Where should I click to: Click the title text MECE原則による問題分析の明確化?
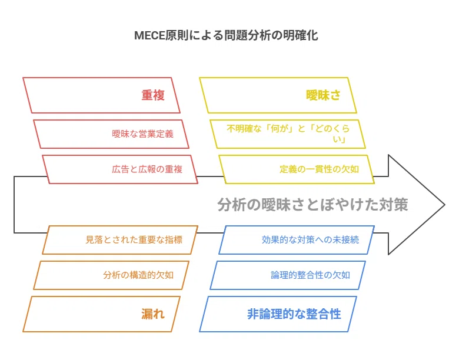[x=226, y=35]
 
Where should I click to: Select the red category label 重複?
[x=153, y=95]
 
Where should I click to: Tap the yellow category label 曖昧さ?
[x=323, y=95]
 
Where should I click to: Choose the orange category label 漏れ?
[x=153, y=314]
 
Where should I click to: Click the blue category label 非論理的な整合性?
[x=294, y=314]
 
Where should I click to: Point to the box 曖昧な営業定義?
[x=111, y=134]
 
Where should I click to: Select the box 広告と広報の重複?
[x=120, y=169]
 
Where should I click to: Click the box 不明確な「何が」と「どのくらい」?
[x=288, y=134]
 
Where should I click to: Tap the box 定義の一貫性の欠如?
[x=297, y=169]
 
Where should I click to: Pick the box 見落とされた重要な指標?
[x=120, y=240]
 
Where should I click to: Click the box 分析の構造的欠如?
[x=111, y=275]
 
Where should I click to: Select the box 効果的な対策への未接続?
[x=297, y=240]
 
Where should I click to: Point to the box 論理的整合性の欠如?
[x=288, y=275]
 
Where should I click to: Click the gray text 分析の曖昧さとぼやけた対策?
[x=312, y=205]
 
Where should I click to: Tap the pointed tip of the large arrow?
[x=445, y=205]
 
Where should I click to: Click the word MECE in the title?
[x=149, y=36]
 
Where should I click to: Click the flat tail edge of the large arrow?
[x=14, y=205]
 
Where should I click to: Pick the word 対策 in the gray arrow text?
[x=394, y=205]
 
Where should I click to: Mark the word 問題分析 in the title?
[x=248, y=35]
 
